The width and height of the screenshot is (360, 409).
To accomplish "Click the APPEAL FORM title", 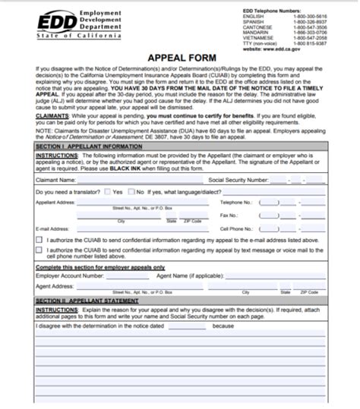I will (x=179, y=57).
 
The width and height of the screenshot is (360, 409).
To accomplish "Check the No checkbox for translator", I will (x=130, y=193).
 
